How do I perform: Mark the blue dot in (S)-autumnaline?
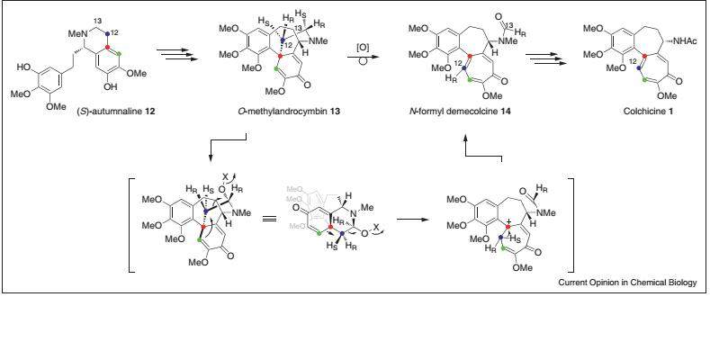point(110,31)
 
